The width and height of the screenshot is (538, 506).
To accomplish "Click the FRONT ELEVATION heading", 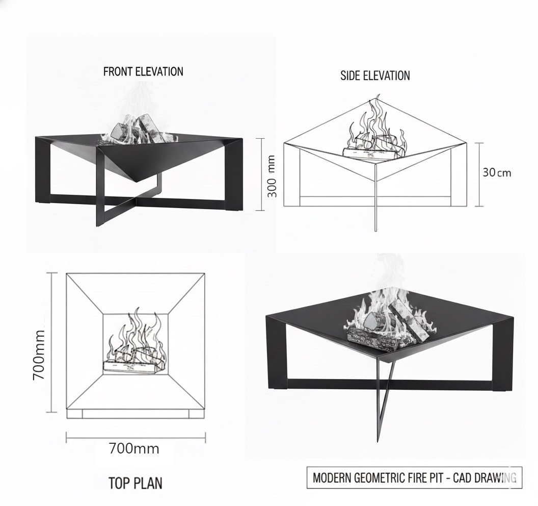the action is coord(143,71).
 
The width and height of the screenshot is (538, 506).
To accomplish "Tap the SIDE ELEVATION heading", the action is coord(375,75).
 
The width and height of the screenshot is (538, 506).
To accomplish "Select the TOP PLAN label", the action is coord(135,483).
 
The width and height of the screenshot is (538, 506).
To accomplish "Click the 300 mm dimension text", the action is coord(272,176).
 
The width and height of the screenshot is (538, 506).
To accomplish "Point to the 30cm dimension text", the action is coord(497,172).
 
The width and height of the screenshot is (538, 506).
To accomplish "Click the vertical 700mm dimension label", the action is coord(38,355).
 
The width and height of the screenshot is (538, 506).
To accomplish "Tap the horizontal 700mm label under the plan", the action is coord(134,448).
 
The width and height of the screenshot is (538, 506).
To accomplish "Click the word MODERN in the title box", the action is coord(332,477).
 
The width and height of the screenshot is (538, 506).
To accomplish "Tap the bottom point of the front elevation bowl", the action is coord(138,182).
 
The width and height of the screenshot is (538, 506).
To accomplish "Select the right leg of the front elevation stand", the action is coord(234,174).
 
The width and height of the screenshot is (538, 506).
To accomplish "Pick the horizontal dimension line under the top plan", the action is coord(136,438).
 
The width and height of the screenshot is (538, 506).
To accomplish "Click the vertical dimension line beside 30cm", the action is coord(479,174).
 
